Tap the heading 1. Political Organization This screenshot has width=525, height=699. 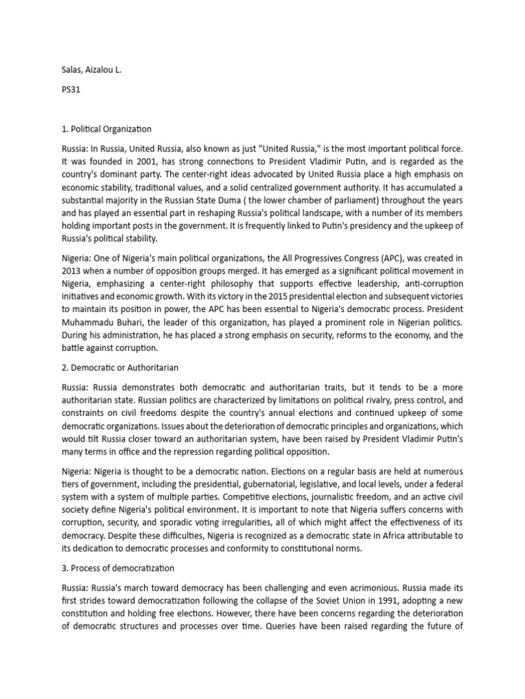click(107, 128)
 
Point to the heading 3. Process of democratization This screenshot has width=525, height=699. click(118, 568)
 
